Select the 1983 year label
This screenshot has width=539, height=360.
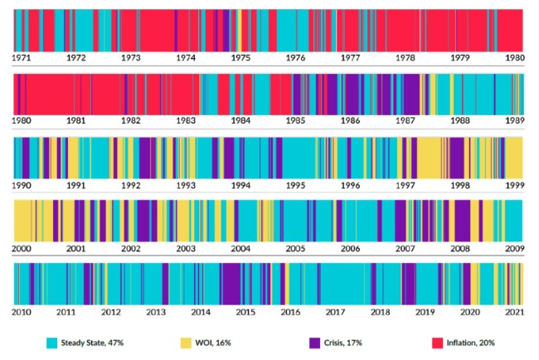186,120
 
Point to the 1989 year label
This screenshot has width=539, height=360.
514,120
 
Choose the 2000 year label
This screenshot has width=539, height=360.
23,248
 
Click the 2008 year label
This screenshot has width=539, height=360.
459,248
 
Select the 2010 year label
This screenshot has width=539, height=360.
23,312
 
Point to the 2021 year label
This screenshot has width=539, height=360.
514,312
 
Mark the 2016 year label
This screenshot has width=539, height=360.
290,312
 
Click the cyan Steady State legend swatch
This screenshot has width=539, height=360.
51,343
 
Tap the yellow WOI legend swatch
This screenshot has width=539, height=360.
186,343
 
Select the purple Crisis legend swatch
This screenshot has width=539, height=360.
313,343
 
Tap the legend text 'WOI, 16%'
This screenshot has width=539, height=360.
214,343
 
